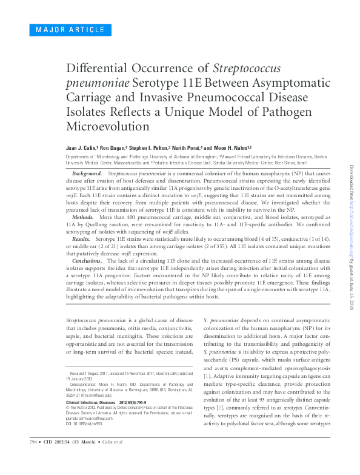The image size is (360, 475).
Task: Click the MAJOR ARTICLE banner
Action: click(x=62, y=30)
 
